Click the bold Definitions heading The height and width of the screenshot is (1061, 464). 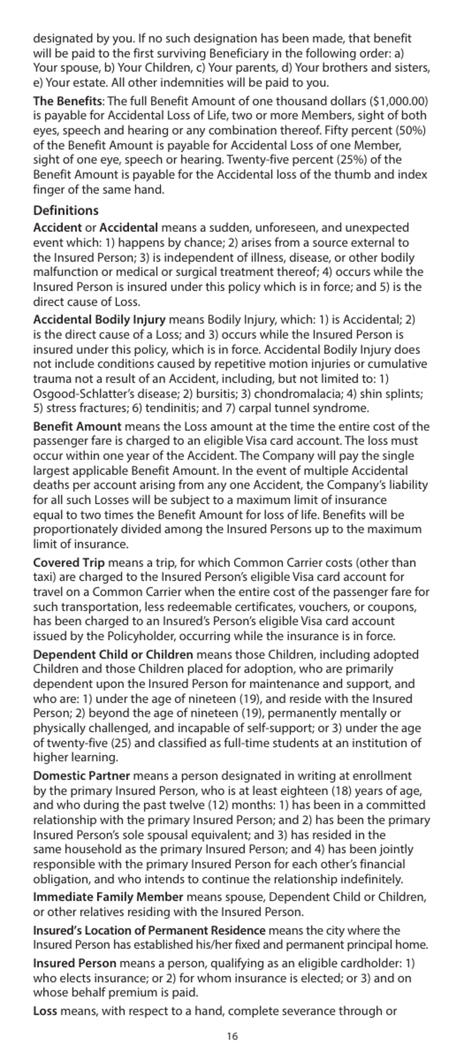click(x=65, y=211)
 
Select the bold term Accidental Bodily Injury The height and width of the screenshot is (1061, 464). click(x=99, y=320)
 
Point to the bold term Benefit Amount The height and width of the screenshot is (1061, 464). click(x=77, y=426)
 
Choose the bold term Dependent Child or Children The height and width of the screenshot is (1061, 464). click(x=113, y=654)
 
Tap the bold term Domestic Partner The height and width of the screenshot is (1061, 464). click(x=82, y=776)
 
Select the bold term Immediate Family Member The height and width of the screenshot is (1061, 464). click(x=108, y=897)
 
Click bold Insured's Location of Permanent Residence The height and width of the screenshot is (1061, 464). click(x=149, y=931)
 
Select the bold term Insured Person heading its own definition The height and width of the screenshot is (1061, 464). click(x=74, y=963)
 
